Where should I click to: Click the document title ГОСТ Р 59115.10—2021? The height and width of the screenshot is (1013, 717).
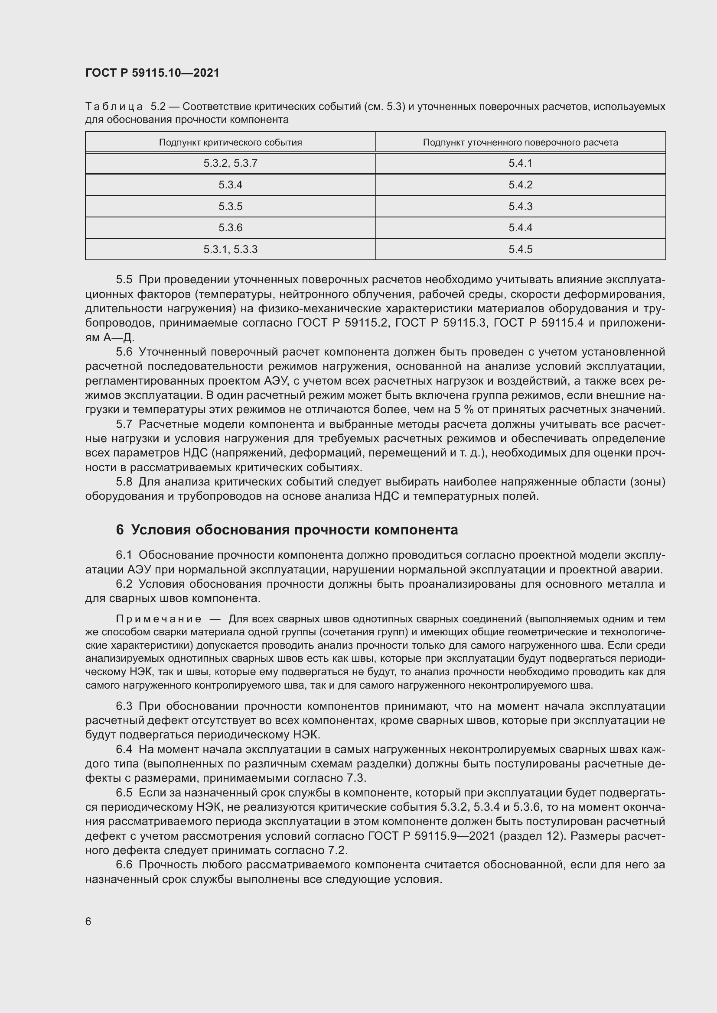[152, 73]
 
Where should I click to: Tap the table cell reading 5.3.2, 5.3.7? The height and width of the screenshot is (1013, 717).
[230, 163]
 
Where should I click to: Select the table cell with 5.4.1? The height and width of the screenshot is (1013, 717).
[520, 163]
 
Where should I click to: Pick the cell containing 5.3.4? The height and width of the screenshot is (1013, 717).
[230, 185]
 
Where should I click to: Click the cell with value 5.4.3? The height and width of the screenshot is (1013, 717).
[520, 207]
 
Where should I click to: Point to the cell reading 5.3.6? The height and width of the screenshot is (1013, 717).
[230, 228]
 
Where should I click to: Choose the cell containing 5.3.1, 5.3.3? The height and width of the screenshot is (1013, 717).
[230, 249]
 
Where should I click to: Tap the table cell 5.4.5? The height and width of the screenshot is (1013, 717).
[520, 249]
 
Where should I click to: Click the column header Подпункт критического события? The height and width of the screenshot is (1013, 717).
[230, 142]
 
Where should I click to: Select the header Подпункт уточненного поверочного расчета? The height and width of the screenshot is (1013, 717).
[520, 142]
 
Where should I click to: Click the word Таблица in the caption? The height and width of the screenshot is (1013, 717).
[114, 107]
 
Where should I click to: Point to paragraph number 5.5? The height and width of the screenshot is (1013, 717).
[124, 280]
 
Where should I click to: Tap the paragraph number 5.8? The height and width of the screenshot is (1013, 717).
[124, 482]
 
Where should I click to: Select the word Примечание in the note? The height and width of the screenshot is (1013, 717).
[159, 619]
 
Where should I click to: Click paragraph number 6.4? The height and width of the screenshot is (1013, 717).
[124, 749]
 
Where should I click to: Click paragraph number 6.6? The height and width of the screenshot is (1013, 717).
[124, 865]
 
